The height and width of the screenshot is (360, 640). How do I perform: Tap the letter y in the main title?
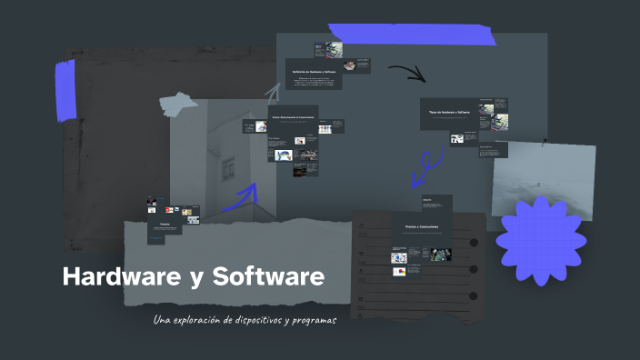pos(195,279)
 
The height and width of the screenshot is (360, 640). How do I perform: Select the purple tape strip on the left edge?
pos(65,91)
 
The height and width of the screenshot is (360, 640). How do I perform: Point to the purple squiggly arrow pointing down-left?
pos(425,166)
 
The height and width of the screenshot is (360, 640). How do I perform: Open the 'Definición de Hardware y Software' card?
pos(314,73)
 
